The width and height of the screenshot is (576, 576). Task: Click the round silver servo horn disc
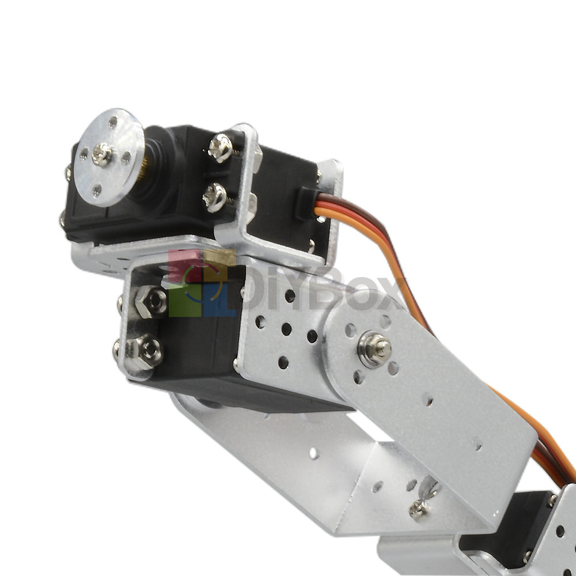pyautogui.click(x=108, y=157)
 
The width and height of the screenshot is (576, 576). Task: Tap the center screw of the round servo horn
pyautogui.click(x=102, y=154)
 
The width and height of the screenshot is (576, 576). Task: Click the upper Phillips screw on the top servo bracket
pyautogui.click(x=220, y=147)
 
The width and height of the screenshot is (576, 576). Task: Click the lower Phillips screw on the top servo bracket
pyautogui.click(x=214, y=197)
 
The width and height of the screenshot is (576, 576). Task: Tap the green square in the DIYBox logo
pyautogui.click(x=185, y=300)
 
